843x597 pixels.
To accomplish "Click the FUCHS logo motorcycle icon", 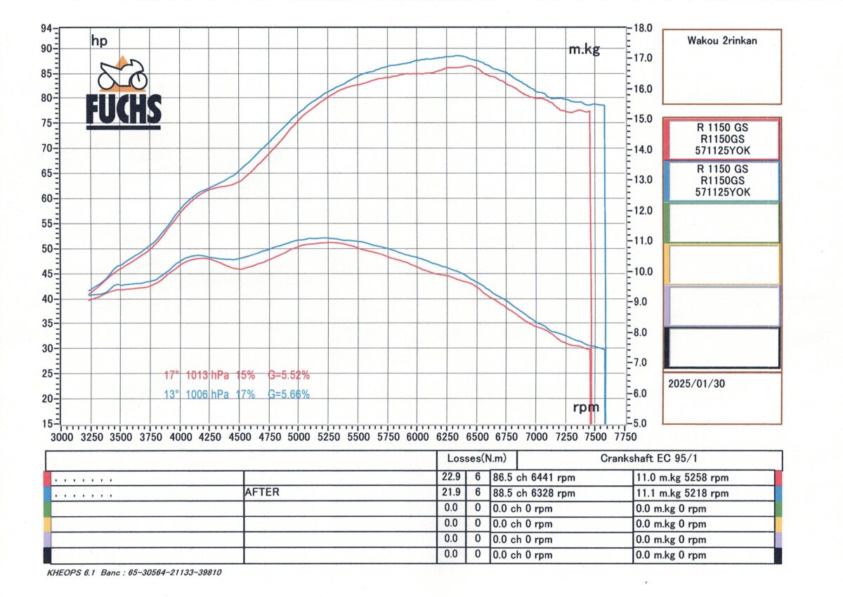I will pyautogui.click(x=122, y=74).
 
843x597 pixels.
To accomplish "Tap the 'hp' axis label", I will pyautogui.click(x=99, y=41).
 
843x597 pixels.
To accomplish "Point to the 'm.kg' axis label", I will pyautogui.click(x=584, y=49).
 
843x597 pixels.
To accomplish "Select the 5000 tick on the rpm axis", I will pyautogui.click(x=299, y=436).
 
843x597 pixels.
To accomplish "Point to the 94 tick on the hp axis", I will pyautogui.click(x=47, y=29).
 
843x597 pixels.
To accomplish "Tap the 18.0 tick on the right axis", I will pyautogui.click(x=643, y=29).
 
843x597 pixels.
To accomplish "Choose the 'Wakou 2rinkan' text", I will pyautogui.click(x=721, y=41).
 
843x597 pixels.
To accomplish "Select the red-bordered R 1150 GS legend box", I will pyautogui.click(x=722, y=139).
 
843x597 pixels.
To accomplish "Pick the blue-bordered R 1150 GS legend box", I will pyautogui.click(x=722, y=181).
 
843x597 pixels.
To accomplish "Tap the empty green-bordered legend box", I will pyautogui.click(x=722, y=222).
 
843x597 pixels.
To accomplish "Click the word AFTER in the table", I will pyautogui.click(x=261, y=492).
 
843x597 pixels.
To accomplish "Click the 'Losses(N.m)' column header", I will pyautogui.click(x=476, y=458).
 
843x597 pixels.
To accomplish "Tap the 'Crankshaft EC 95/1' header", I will pyautogui.click(x=648, y=458).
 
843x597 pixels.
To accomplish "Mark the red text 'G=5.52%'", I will pyautogui.click(x=289, y=375).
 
